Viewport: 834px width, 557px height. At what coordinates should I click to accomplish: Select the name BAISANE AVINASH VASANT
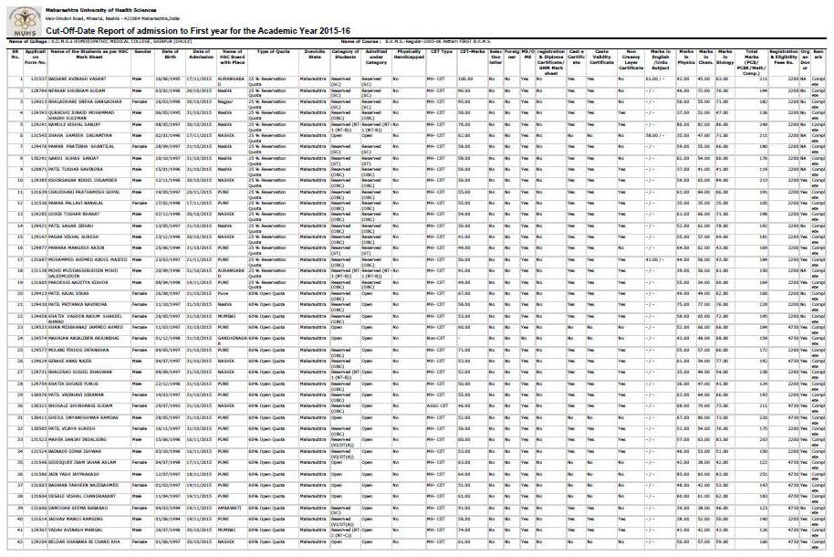[78, 79]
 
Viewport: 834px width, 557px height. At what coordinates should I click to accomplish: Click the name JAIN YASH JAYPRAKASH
[76, 475]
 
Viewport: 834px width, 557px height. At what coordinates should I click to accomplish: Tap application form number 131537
[38, 79]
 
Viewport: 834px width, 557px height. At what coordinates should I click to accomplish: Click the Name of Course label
[360, 41]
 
